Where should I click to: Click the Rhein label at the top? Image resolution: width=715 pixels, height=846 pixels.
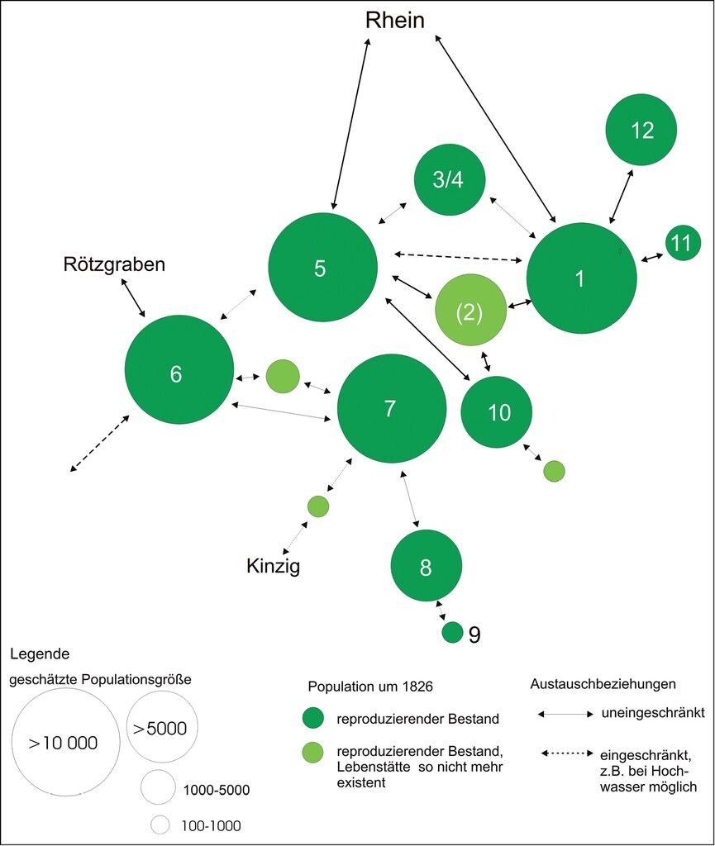pyautogui.click(x=395, y=20)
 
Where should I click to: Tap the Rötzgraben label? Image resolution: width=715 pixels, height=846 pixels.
pyautogui.click(x=114, y=264)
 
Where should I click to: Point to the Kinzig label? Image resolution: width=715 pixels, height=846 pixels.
pyautogui.click(x=273, y=566)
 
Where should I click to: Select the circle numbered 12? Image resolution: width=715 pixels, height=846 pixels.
pyautogui.click(x=641, y=130)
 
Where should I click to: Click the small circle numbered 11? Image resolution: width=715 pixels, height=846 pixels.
pyautogui.click(x=683, y=243)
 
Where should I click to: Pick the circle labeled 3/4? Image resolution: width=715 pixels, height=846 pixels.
pyautogui.click(x=450, y=179)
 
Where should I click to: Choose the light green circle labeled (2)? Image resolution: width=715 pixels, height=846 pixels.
pyautogui.click(x=471, y=310)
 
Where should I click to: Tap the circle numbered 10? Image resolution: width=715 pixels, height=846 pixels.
pyautogui.click(x=497, y=411)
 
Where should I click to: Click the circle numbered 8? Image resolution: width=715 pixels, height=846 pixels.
pyautogui.click(x=427, y=565)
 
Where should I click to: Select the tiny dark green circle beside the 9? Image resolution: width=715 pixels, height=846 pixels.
pyautogui.click(x=453, y=632)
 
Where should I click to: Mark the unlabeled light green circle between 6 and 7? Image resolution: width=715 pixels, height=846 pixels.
pyautogui.click(x=283, y=376)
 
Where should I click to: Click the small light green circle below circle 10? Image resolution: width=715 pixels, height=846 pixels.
pyautogui.click(x=554, y=471)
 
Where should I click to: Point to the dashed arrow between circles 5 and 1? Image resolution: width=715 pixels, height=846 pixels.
pyautogui.click(x=459, y=257)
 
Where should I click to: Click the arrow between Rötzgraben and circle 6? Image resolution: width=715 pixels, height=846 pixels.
pyautogui.click(x=133, y=297)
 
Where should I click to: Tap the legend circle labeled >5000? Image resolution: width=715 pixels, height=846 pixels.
pyautogui.click(x=162, y=726)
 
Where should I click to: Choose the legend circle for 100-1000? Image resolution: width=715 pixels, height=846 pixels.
pyautogui.click(x=160, y=825)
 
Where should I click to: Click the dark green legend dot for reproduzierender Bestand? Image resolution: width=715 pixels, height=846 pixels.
pyautogui.click(x=313, y=718)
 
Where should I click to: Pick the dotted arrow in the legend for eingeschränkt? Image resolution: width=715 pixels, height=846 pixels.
pyautogui.click(x=567, y=753)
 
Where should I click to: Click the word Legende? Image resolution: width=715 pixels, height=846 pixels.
pyautogui.click(x=40, y=654)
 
